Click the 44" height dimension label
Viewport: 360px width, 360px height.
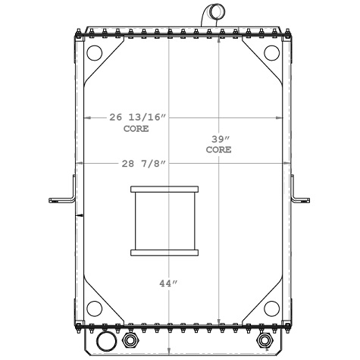pyautogui.click(x=168, y=283)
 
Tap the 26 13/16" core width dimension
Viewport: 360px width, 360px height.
pyautogui.click(x=137, y=117)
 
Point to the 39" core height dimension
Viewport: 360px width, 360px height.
pyautogui.click(x=219, y=139)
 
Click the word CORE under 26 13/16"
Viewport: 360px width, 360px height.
pyautogui.click(x=136, y=129)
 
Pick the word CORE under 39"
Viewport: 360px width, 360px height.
pyautogui.click(x=219, y=150)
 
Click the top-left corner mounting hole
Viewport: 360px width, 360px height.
pyautogui.click(x=95, y=54)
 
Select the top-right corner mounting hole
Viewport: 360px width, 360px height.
pyautogui.click(x=271, y=54)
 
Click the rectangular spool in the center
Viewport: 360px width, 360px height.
pyautogui.click(x=164, y=221)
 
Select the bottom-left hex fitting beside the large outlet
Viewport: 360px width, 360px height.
pyautogui.click(x=128, y=341)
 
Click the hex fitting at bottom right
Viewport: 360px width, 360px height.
pyautogui.click(x=265, y=340)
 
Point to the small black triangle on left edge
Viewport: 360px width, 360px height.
pyautogui.click(x=78, y=216)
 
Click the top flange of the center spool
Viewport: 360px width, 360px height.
pyautogui.click(x=164, y=189)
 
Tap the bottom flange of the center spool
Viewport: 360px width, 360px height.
pyautogui.click(x=164, y=252)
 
